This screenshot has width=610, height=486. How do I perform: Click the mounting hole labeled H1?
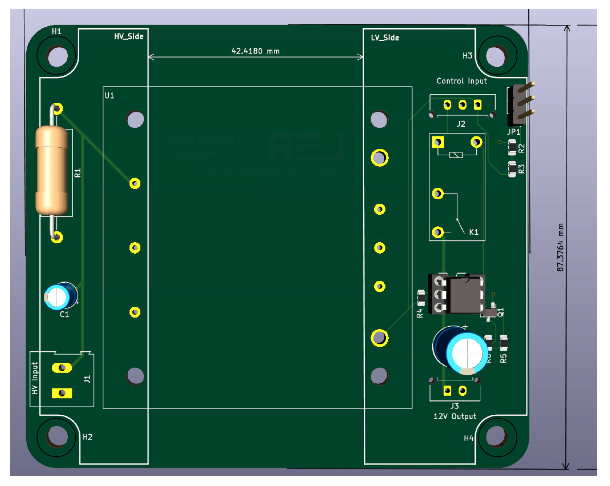[57, 56]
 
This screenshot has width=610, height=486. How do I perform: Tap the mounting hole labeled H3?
[496, 56]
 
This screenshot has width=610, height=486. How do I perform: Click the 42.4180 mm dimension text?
[256, 51]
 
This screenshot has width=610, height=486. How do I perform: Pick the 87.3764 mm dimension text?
[560, 247]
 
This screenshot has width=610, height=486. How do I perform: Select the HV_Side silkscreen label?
[129, 37]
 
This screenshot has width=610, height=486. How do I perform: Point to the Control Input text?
[461, 81]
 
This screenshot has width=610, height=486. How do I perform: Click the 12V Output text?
[455, 416]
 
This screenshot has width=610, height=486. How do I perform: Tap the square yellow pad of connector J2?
[478, 105]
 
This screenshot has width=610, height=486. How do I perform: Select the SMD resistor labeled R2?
[512, 147]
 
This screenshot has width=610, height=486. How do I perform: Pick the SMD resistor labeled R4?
[421, 298]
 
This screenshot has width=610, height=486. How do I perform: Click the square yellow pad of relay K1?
[438, 142]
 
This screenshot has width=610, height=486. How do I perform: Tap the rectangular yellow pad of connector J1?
[62, 393]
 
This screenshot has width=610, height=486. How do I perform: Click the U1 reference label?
[110, 95]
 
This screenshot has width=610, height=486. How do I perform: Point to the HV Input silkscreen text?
[35, 378]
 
